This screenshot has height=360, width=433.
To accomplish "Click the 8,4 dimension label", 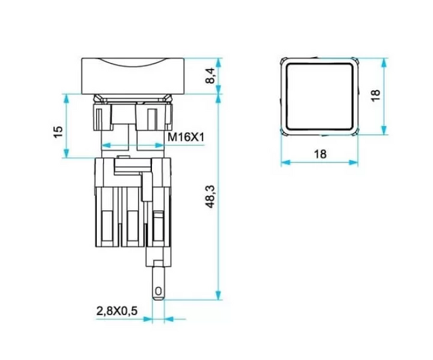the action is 211,76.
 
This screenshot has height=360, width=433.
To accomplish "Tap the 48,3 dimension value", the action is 211,197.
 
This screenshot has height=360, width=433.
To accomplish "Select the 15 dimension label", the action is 58,132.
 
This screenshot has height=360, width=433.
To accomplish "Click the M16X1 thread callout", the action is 186,137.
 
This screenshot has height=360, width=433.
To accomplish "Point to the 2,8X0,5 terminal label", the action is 117,311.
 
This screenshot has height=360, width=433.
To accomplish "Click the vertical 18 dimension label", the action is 376,96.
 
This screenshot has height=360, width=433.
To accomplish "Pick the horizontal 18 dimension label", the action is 320,154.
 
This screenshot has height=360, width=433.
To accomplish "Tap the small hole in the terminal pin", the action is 158,291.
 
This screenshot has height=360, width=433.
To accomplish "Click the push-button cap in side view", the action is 132,76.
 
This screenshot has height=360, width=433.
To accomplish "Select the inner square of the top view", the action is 320,97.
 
